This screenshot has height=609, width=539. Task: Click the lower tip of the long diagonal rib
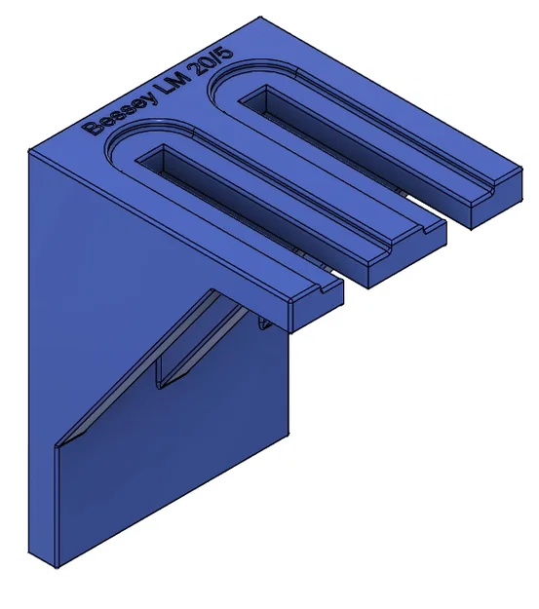point(60,443)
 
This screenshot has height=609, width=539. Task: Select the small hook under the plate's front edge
point(263,323)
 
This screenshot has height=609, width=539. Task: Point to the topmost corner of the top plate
point(260,17)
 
